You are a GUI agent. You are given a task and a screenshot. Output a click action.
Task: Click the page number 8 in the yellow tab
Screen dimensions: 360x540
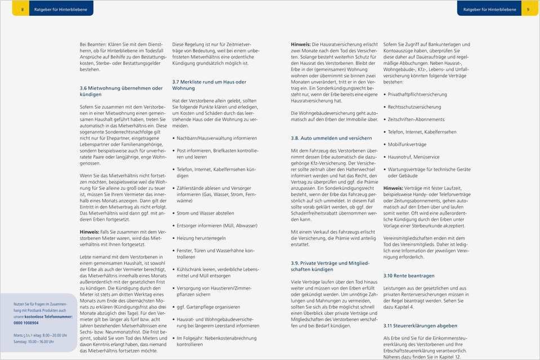click(23, 10)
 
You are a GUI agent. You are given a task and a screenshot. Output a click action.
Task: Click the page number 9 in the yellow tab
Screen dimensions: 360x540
click(528, 10)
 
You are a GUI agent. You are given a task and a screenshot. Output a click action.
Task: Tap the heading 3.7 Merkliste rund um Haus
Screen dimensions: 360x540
click(209, 85)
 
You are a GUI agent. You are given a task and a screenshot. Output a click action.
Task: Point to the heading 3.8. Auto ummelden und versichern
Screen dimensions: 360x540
click(331, 138)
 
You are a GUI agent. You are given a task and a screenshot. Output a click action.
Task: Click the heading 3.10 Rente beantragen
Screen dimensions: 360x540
click(409, 275)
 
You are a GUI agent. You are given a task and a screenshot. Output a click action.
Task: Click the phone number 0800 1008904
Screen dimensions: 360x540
click(26, 323)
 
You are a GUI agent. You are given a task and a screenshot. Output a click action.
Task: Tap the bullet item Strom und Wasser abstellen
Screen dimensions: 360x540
click(205, 213)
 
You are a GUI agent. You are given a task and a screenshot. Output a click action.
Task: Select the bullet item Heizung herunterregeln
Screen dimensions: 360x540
click(201, 238)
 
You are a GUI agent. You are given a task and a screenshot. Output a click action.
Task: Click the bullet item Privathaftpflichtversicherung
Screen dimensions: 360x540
click(417, 95)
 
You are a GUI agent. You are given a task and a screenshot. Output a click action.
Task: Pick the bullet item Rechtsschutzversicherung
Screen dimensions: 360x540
click(414, 107)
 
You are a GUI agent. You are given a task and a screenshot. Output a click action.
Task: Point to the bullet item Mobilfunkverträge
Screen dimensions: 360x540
click(407, 144)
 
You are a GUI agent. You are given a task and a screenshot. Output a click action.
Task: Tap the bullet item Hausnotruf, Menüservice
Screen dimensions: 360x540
click(414, 157)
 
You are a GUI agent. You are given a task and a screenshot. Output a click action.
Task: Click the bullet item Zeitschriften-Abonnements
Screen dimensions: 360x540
click(416, 119)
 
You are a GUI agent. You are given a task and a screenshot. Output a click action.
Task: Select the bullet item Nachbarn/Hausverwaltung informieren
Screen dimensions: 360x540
click(217, 138)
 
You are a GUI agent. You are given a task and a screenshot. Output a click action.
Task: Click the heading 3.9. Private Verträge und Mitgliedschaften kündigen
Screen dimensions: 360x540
click(330, 266)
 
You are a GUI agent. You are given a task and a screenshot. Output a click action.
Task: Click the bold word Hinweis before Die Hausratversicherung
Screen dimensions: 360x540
click(300, 44)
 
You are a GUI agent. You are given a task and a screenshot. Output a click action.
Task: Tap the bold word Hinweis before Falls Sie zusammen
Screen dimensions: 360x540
click(89, 232)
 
